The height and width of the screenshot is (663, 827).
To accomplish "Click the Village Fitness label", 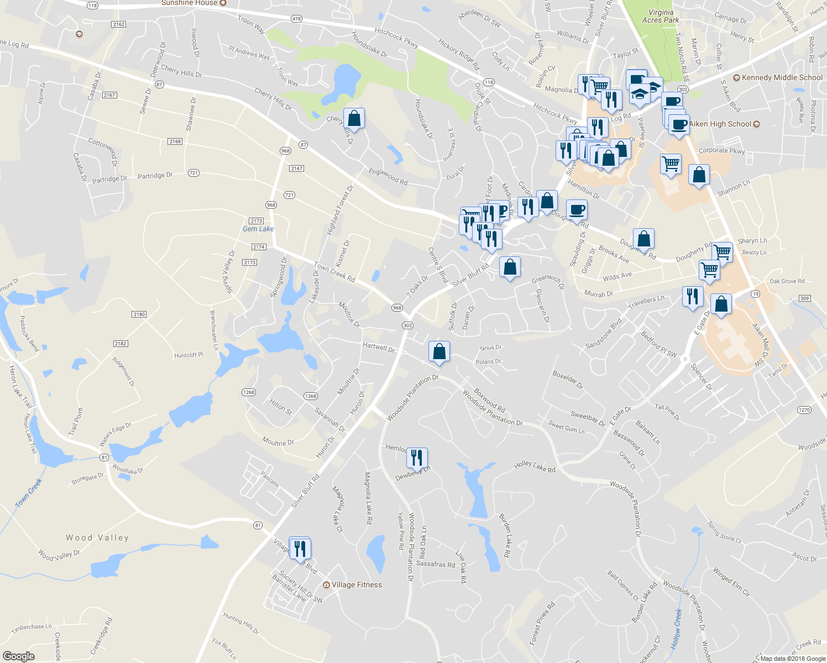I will [357, 585].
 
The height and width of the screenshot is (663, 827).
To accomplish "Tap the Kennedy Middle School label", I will [782, 77].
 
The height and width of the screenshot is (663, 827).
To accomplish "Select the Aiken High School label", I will [720, 124].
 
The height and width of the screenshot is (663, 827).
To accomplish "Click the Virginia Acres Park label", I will [661, 16].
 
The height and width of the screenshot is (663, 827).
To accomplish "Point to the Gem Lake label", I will [258, 229].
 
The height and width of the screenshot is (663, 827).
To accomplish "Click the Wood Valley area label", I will [97, 538].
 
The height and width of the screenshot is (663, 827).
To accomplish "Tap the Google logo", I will [19, 656].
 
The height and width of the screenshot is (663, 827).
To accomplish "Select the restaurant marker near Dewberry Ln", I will [417, 457].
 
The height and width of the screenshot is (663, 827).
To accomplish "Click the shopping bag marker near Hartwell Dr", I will [439, 351].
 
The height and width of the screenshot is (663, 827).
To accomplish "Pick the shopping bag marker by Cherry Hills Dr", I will [354, 118].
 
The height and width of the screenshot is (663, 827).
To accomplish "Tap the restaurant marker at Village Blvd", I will [300, 549].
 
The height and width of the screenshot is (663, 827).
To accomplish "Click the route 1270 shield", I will [804, 410].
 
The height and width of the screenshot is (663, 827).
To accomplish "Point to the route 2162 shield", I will [118, 24].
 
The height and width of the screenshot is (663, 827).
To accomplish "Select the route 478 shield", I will [296, 19].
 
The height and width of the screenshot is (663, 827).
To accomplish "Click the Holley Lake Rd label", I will [534, 467].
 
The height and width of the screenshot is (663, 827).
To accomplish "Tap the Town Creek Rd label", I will [334, 271].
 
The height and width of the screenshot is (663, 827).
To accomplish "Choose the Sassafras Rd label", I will [436, 564].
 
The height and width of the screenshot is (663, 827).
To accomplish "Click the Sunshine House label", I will [190, 3].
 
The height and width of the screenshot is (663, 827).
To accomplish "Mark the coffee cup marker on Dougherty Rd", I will [577, 210].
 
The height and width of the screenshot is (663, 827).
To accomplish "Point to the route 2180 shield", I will [139, 314].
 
